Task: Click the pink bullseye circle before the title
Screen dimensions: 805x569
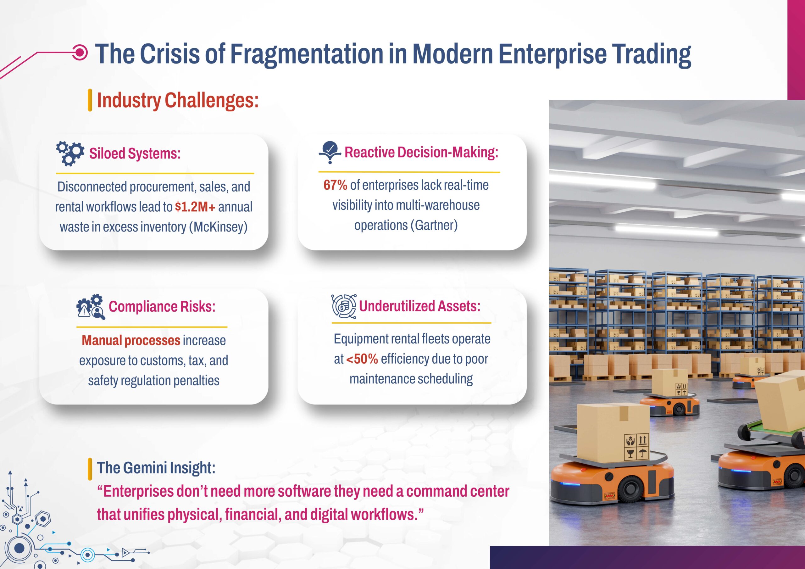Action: coord(80,53)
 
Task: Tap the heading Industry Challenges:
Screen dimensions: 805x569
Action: coord(178,100)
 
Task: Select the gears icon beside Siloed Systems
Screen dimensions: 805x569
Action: coord(70,153)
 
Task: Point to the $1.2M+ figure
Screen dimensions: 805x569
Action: coord(195,207)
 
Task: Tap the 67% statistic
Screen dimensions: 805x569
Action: coord(335,185)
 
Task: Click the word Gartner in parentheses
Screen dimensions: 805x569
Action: coord(436,225)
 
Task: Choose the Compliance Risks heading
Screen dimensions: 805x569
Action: coord(162,307)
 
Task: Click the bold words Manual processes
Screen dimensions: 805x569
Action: coord(131,340)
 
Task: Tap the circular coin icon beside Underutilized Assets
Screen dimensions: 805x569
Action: coord(344,307)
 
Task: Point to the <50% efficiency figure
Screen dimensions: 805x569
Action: coord(362,359)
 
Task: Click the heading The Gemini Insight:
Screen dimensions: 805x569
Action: coord(156,468)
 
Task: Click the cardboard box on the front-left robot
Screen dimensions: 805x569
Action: coord(613,432)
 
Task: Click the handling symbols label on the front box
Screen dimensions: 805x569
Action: coord(636,446)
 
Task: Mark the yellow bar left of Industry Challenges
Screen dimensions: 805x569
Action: coord(90,100)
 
